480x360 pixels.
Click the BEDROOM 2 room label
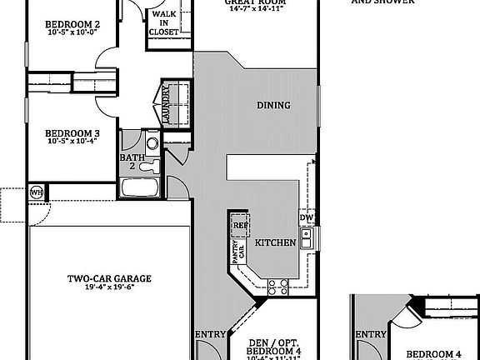coord(72,24)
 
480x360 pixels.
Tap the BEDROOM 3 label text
coord(72,132)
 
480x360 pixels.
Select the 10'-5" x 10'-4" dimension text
coord(72,142)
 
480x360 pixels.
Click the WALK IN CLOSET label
coord(163,22)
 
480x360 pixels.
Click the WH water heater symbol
coord(36,192)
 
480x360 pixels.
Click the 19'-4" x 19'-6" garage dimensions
coord(104,289)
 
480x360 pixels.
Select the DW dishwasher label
coord(306,219)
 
